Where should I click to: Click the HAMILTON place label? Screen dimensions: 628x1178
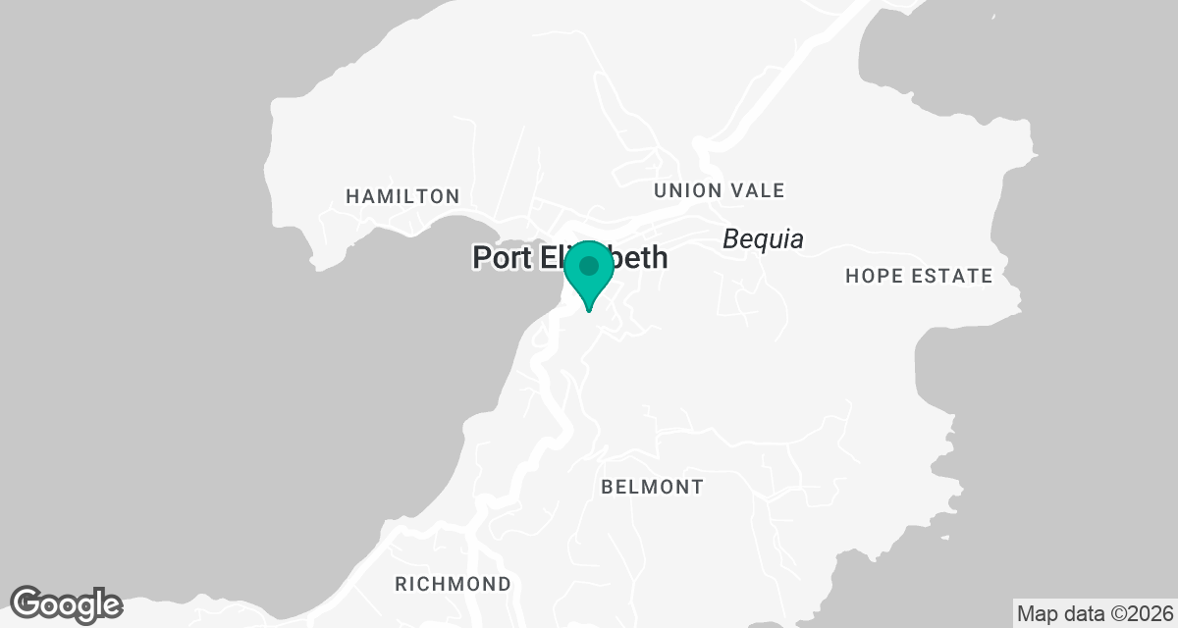[402, 196]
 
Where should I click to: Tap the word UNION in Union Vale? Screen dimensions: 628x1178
[686, 190]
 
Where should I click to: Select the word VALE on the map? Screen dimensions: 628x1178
[755, 190]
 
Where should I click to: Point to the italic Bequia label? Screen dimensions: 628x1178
[763, 238]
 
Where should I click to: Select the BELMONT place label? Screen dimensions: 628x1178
[652, 487]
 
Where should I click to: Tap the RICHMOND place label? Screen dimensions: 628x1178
[453, 584]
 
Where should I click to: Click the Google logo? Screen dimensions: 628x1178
[66, 603]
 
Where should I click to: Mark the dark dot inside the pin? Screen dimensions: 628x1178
[589, 265]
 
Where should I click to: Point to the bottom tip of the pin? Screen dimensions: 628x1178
[589, 310]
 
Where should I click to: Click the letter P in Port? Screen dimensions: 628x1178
[481, 258]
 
